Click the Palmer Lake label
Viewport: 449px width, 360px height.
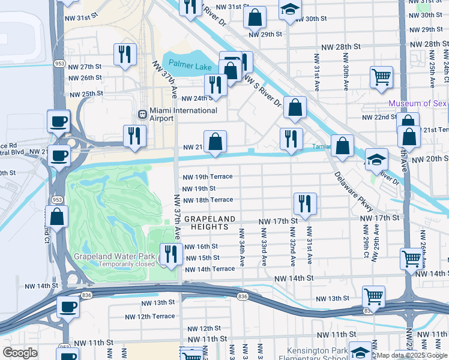click(x=190, y=65)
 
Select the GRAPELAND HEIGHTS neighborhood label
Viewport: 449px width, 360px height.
click(x=207, y=223)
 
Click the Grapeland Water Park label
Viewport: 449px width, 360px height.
click(x=114, y=256)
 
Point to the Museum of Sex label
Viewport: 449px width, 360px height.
click(x=418, y=103)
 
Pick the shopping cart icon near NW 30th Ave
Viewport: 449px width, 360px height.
click(x=381, y=77)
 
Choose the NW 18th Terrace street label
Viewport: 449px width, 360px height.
click(x=208, y=199)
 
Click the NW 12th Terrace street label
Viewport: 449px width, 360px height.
click(x=150, y=316)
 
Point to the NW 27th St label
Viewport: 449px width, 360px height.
click(x=86, y=67)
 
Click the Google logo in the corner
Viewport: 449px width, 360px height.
click(x=20, y=353)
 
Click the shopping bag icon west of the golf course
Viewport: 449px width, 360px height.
click(x=58, y=216)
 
